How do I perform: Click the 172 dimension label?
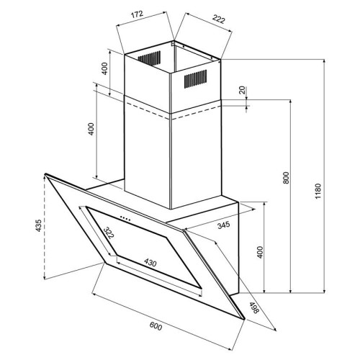pos(138,14)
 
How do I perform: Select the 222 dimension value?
pos(218,19)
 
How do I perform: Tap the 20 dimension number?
pos(243,90)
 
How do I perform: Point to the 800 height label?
pos(286,178)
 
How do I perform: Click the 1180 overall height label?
pos(318,191)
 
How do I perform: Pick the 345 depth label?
pos(224,225)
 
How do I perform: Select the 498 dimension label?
pos(253,307)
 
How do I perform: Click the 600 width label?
pos(156,325)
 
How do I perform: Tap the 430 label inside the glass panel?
pos(150,263)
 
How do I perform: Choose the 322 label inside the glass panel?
pos(109,233)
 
